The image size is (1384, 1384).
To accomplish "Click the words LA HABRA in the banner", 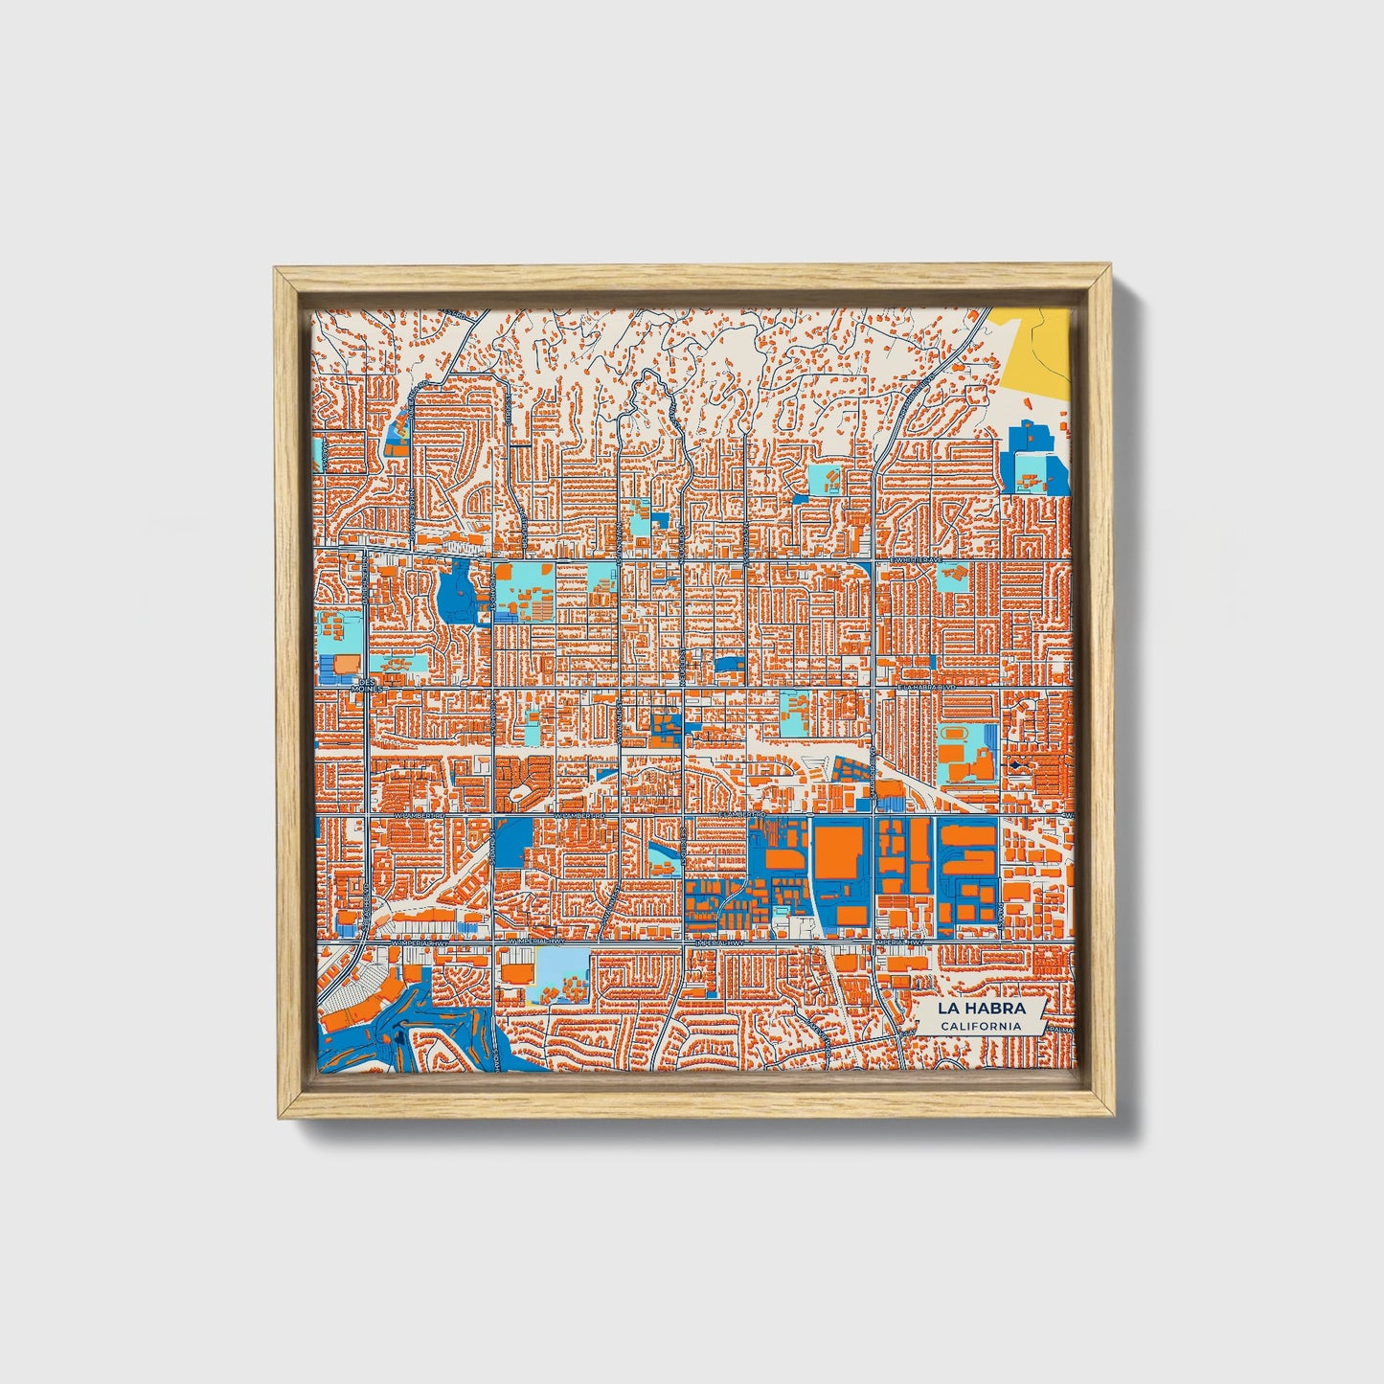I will [981, 1009].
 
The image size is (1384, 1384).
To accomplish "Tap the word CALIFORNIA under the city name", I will [981, 1027].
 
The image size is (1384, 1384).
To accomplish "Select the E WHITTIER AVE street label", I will [916, 559].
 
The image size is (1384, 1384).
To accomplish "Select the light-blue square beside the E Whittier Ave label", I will [952, 579].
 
